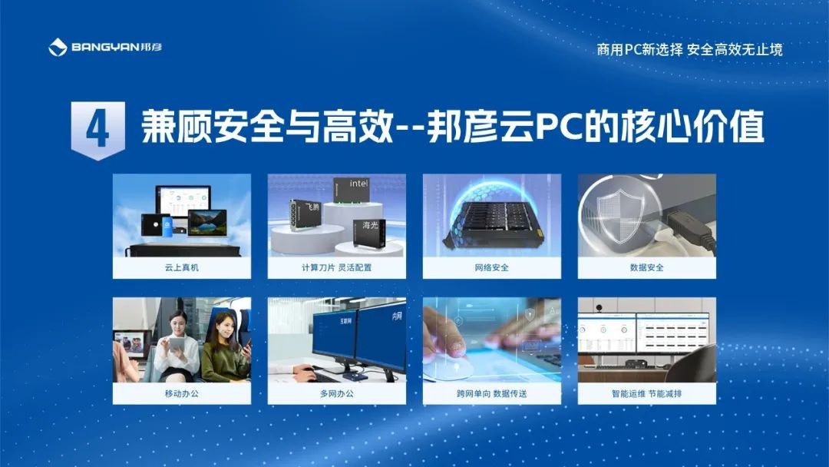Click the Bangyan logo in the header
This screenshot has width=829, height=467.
[x=105, y=47]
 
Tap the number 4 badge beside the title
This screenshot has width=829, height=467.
[x=98, y=130]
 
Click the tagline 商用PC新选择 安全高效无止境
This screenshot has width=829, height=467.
[x=689, y=50]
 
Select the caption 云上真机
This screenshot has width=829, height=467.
[x=181, y=267]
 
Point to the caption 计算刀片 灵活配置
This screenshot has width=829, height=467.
[x=336, y=267]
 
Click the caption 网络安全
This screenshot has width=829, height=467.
[x=492, y=267]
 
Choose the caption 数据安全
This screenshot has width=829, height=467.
[x=646, y=267]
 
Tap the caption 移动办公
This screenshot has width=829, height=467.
[x=181, y=393]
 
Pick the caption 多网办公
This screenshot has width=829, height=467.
[x=336, y=393]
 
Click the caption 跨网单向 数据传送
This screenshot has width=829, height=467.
[x=492, y=393]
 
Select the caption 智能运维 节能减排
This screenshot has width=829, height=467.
[x=646, y=393]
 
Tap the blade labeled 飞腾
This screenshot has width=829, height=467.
[x=305, y=215]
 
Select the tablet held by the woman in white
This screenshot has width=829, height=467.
[x=177, y=344]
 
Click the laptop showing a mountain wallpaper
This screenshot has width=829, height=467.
[x=207, y=223]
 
